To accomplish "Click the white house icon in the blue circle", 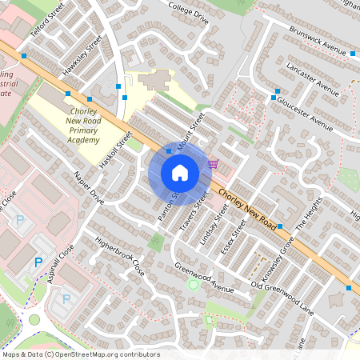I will (180, 173).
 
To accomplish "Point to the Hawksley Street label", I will (83, 57).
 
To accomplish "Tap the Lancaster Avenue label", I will (312, 78).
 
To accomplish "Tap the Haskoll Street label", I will (114, 150).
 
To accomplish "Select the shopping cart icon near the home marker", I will (213, 164).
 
